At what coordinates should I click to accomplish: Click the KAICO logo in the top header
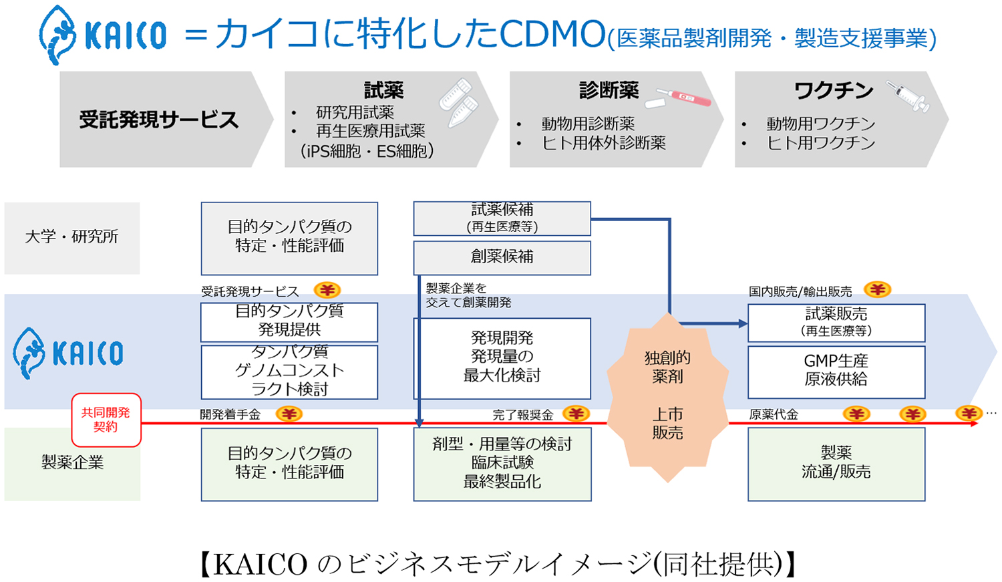(102, 35)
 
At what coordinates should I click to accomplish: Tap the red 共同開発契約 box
(106, 420)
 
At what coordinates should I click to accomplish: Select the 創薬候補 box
(502, 257)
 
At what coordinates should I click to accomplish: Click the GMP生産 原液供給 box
(836, 371)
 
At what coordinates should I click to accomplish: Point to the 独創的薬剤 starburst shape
(667, 397)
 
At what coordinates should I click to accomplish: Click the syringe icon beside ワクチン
(908, 96)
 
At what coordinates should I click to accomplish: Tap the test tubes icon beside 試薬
(459, 101)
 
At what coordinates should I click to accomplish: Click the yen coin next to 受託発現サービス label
(327, 290)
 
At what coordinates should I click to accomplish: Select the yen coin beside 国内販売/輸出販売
(877, 289)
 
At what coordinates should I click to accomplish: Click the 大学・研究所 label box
(72, 237)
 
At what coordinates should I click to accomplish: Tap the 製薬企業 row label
(72, 462)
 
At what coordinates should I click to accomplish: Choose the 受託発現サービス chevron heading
(159, 120)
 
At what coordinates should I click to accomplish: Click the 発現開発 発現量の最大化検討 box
(502, 357)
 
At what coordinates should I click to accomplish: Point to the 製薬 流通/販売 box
(836, 463)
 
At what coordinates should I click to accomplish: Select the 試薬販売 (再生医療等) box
(836, 322)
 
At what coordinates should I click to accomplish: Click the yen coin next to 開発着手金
(289, 414)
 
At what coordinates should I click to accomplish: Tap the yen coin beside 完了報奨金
(576, 414)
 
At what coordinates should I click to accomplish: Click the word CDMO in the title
(552, 33)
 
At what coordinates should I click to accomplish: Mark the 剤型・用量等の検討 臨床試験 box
(502, 463)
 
